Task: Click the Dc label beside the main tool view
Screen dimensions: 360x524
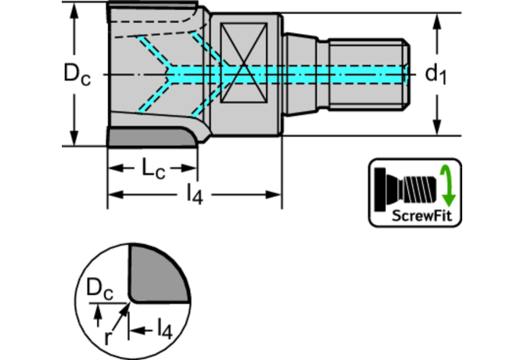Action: [x=77, y=74]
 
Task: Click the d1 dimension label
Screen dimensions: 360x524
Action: [x=436, y=74]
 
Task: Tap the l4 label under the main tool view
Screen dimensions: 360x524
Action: [x=194, y=195]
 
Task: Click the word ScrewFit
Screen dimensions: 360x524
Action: [x=414, y=216]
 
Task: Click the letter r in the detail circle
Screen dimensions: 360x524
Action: [x=109, y=338]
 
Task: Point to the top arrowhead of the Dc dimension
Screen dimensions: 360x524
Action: [x=75, y=10]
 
